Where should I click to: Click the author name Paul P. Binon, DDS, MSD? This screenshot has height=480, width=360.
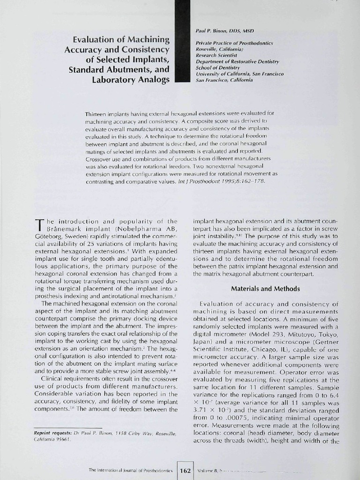(225, 30)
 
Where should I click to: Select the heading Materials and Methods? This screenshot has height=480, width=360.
(265, 289)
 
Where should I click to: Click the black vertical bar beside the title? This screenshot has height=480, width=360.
(181, 42)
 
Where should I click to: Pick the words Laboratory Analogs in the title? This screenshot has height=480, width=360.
(132, 79)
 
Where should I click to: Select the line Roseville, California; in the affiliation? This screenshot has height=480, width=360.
(219, 49)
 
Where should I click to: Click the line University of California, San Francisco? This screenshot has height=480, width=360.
(240, 74)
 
